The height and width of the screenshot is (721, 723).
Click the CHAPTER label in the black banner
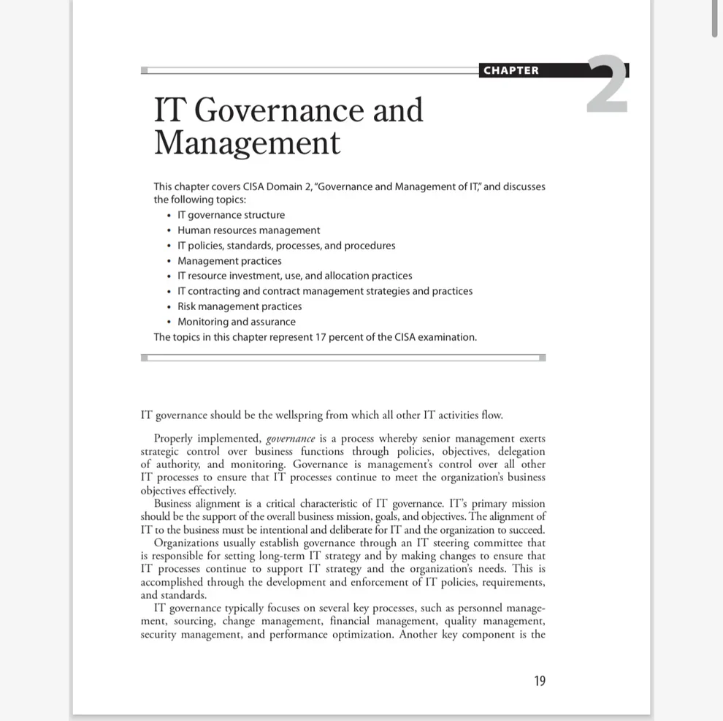(511, 70)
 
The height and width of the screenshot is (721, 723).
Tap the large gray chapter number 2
(607, 86)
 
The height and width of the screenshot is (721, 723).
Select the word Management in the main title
(247, 143)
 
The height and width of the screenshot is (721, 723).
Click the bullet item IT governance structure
(231, 215)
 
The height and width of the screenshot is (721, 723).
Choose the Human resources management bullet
(248, 230)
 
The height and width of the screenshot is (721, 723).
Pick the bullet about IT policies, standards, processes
(286, 246)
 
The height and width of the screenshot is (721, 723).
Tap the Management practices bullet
(229, 261)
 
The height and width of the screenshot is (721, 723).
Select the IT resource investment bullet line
(294, 276)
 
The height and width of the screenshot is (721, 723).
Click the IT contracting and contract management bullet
(325, 291)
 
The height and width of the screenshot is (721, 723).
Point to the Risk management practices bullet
(240, 306)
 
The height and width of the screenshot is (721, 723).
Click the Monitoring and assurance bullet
(237, 322)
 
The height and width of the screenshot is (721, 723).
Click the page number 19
(540, 681)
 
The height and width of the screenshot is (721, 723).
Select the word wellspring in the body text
(299, 415)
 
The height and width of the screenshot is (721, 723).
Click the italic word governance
(291, 439)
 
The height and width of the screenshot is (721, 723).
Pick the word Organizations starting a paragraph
(186, 543)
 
